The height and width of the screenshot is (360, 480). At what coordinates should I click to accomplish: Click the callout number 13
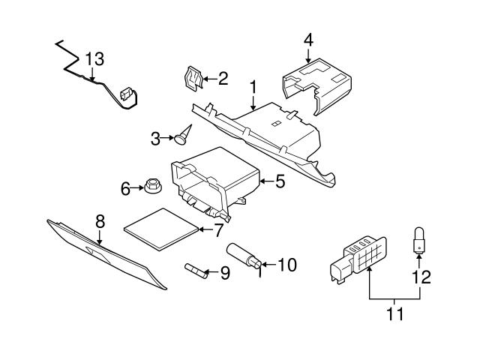coord(94,59)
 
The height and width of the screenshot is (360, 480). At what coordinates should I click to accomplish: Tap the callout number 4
coord(308,40)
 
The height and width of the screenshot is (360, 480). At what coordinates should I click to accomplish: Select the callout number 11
coord(395,313)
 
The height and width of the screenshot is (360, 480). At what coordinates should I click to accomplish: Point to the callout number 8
coord(100,221)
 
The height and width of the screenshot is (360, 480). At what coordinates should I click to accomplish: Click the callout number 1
coord(253,87)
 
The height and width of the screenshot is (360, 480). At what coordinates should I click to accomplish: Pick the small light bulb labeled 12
coord(418,240)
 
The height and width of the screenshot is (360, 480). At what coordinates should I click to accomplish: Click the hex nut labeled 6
coord(153,185)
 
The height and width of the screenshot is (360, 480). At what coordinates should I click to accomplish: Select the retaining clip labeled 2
coord(193,79)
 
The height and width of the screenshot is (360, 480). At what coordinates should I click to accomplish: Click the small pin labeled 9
coord(196,271)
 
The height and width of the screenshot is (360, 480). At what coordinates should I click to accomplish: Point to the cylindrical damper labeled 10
coord(244,255)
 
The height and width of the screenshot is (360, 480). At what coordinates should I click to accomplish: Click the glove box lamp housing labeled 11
coord(358,259)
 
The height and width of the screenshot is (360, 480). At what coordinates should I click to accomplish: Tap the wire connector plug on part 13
coord(126,94)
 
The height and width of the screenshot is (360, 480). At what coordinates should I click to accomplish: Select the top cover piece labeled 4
coord(316,86)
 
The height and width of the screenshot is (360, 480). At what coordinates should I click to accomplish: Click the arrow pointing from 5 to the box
coord(267,181)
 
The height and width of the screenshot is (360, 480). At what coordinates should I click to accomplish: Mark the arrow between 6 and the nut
coord(137,187)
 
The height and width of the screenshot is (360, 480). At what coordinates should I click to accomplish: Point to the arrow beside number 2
coord(210,79)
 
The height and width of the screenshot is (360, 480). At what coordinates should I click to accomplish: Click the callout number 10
coord(287,265)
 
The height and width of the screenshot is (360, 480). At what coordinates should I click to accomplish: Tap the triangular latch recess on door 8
coord(98,253)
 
